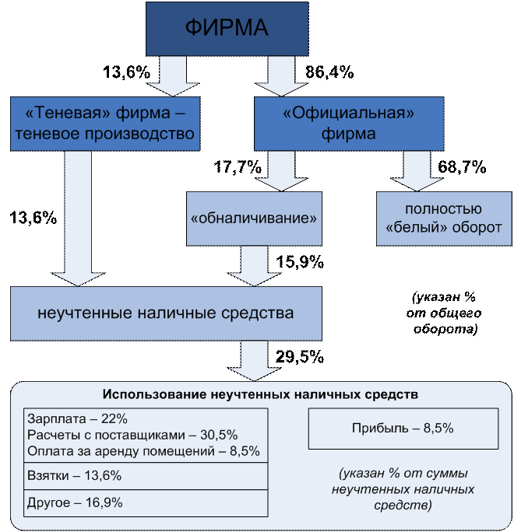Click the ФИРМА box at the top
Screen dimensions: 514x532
click(227, 29)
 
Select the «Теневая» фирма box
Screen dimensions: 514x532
click(105, 124)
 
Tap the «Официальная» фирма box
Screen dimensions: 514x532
click(349, 124)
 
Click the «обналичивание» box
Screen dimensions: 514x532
click(254, 219)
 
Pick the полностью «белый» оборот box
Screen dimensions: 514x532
click(444, 219)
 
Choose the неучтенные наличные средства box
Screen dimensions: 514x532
click(166, 313)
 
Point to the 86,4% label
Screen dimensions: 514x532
click(329, 72)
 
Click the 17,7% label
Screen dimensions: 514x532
click(238, 166)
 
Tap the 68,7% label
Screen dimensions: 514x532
click(462, 166)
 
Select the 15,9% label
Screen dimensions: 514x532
click(300, 261)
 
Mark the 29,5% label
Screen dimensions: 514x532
click(300, 356)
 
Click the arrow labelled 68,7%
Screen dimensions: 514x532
click(417, 171)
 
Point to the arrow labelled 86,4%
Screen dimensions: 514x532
click(281, 76)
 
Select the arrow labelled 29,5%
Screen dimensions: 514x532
click(254, 361)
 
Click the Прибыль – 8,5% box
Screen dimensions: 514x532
click(403, 429)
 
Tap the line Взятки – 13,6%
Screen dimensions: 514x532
click(74, 476)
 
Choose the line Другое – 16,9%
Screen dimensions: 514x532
click(75, 502)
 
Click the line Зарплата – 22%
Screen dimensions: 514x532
click(77, 419)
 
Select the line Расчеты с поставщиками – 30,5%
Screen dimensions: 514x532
click(132, 435)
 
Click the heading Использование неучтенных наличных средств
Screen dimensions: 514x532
click(260, 394)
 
